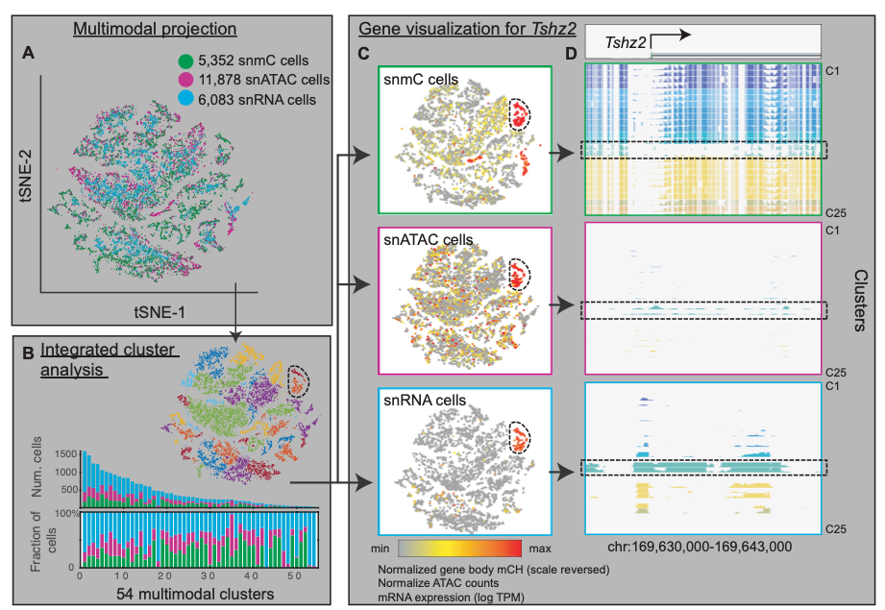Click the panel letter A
[x=29, y=55]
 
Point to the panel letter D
[x=572, y=55]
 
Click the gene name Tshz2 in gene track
[x=626, y=42]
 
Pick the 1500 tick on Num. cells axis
[x=64, y=452]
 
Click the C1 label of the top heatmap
[x=833, y=70]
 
